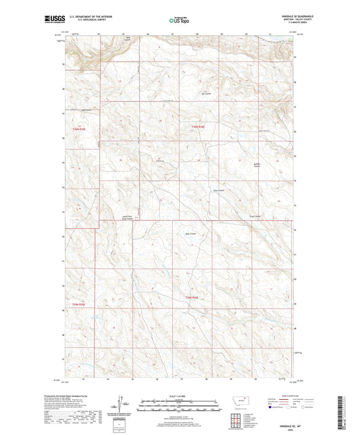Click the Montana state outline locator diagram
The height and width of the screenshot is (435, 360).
coord(241,403)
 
